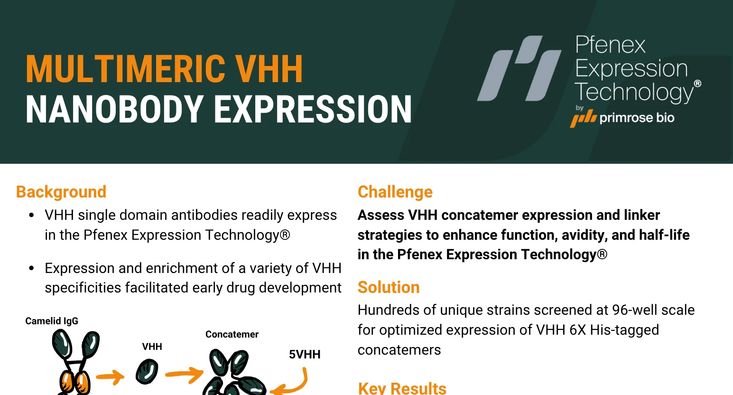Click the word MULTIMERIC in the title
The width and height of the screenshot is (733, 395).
click(x=125, y=69)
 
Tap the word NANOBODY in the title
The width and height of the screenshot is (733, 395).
click(x=114, y=109)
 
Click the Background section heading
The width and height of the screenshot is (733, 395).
click(x=61, y=192)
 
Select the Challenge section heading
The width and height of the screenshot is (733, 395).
click(x=395, y=192)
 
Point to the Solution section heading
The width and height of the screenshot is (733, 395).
click(x=389, y=287)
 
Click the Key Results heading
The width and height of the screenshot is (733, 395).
click(x=402, y=388)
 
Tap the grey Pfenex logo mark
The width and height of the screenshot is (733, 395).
click(x=520, y=68)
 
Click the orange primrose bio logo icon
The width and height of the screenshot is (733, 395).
click(x=583, y=119)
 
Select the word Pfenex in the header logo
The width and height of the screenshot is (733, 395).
click(x=610, y=45)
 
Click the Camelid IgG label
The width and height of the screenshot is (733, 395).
click(x=52, y=321)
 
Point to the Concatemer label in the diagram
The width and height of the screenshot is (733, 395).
click(x=232, y=334)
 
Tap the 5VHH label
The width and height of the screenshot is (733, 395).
click(x=305, y=354)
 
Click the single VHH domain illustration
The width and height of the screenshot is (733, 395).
click(x=147, y=371)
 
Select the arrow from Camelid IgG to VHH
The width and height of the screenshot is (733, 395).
click(x=110, y=377)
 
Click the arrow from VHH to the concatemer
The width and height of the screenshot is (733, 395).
click(x=185, y=375)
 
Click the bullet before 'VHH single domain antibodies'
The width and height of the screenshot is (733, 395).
click(x=31, y=215)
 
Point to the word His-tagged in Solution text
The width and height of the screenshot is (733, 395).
click(x=624, y=330)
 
